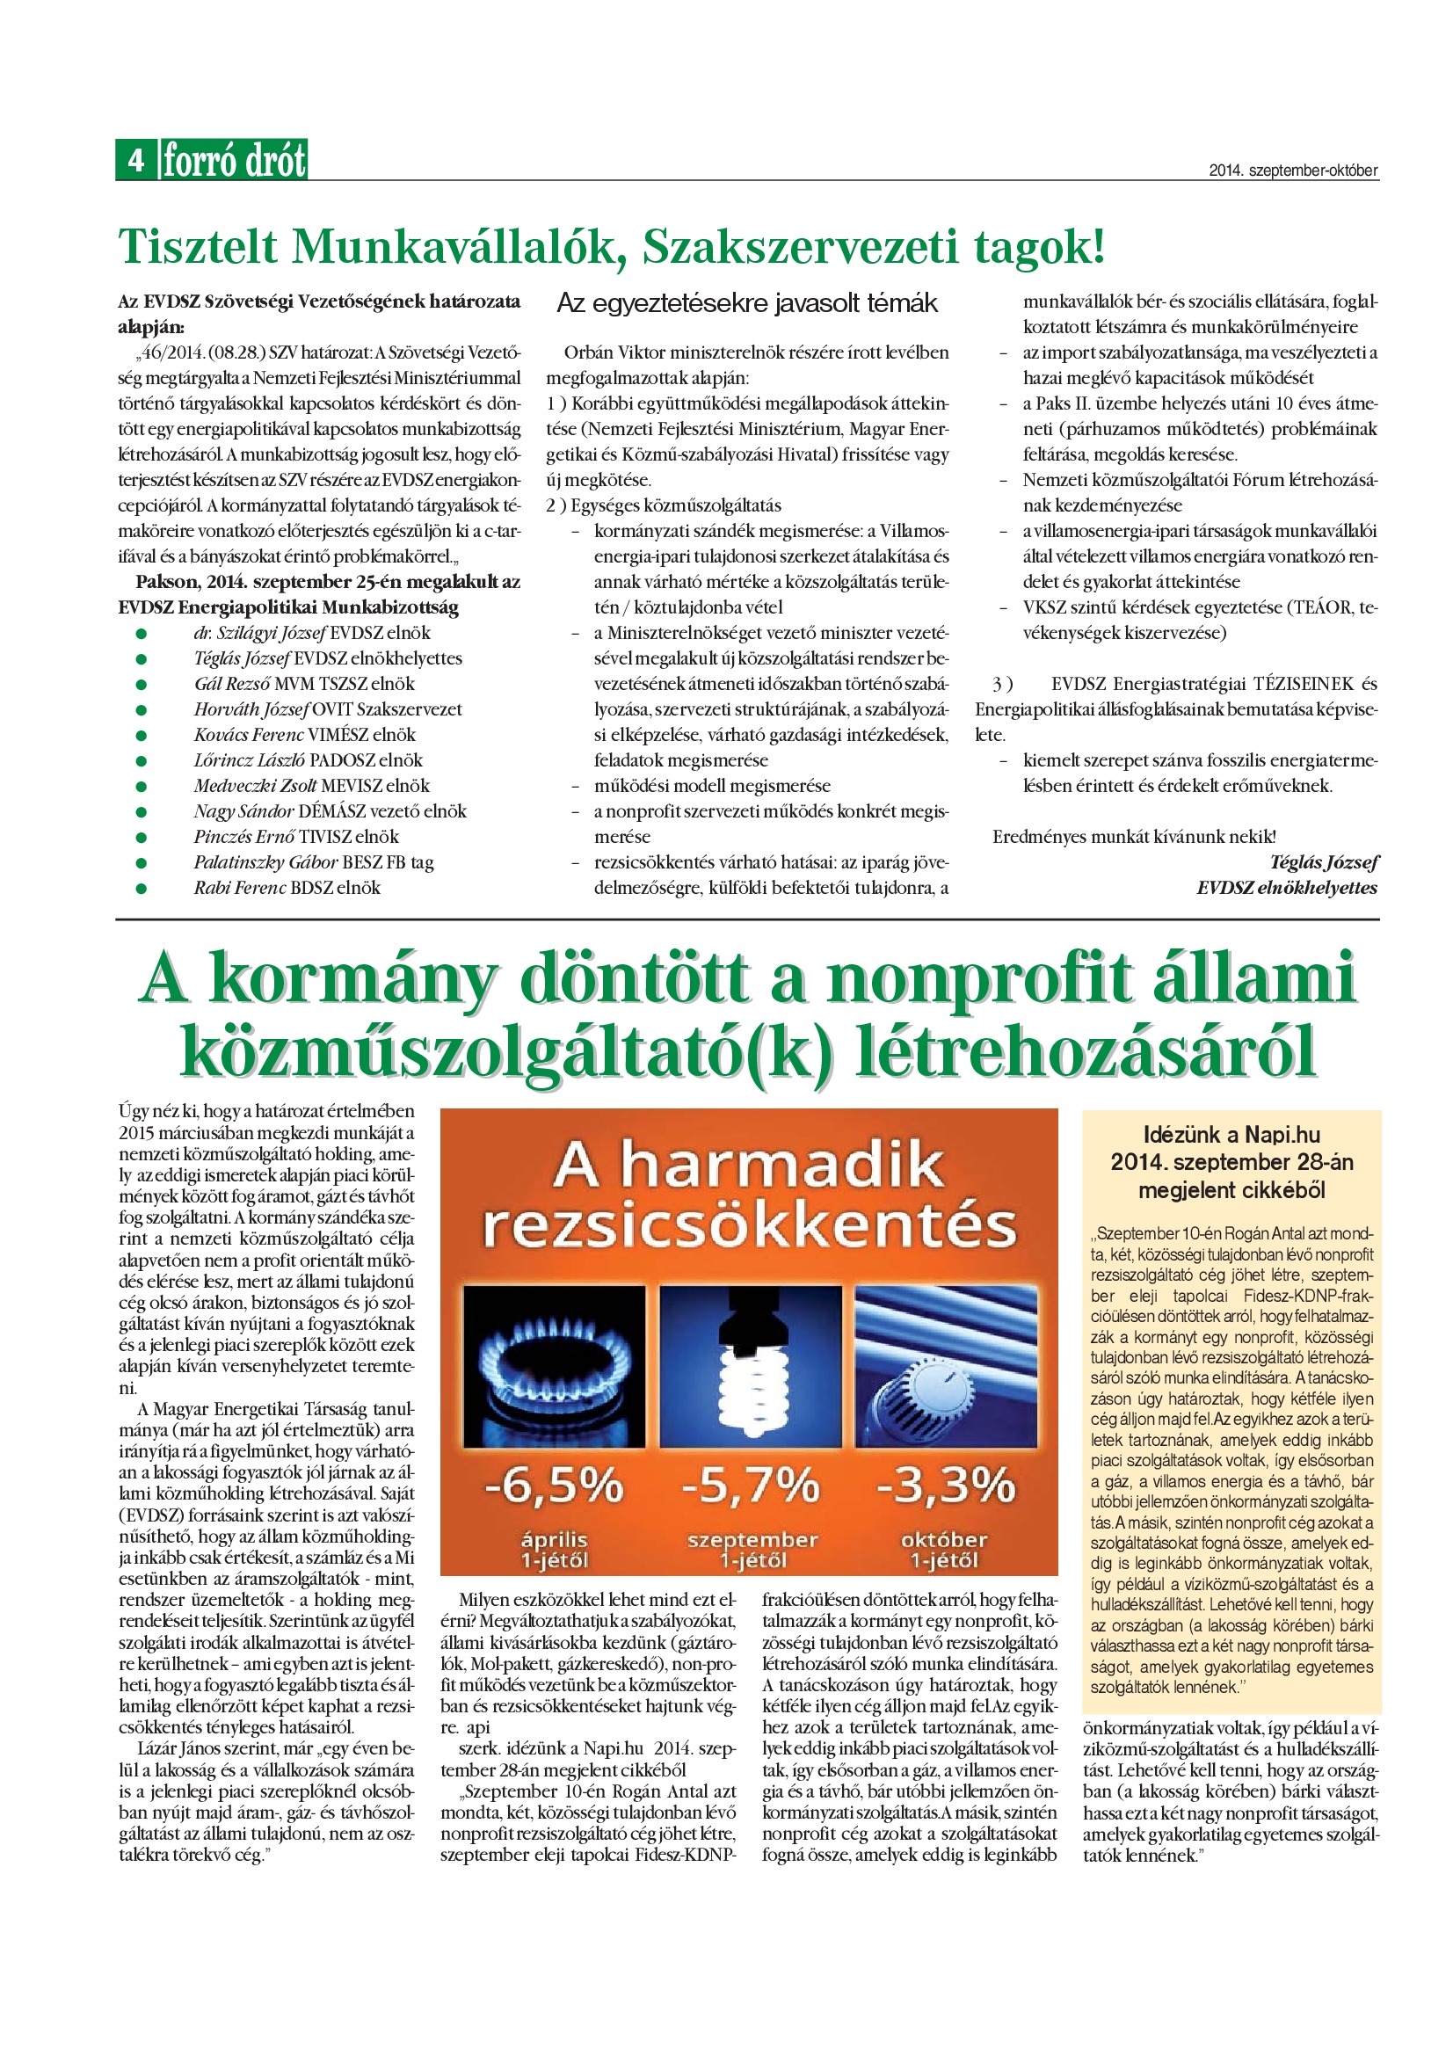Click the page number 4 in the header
coord(136,160)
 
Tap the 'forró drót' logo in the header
coord(234,160)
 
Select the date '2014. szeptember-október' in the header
coord(1293,171)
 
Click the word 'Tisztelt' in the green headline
coord(198,247)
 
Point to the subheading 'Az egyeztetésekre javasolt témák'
coord(746,303)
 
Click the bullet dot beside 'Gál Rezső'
coord(141,685)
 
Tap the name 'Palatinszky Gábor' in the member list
coord(265,862)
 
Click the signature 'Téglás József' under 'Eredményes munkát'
coord(1323,862)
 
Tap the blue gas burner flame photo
coord(554,1367)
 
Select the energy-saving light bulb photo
coord(750,1367)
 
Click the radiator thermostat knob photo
coord(947,1367)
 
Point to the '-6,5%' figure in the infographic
coord(554,1486)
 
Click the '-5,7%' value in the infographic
coord(750,1486)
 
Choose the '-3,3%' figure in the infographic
coord(947,1486)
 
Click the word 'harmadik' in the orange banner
coord(782,1165)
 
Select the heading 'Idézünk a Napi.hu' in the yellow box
coord(1231,1136)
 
